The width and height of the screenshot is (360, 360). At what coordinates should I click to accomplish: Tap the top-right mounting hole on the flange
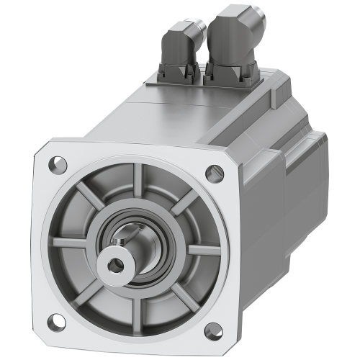[x=212, y=174]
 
